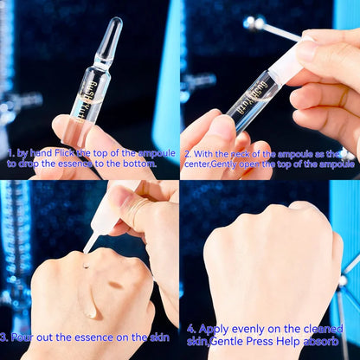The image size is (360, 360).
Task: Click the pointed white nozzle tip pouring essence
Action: pyautogui.click(x=88, y=246)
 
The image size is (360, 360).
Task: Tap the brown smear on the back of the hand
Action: pyautogui.click(x=115, y=284)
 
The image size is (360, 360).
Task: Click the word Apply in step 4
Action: pyautogui.click(x=215, y=330)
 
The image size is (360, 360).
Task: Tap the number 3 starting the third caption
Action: pyautogui.click(x=5, y=337)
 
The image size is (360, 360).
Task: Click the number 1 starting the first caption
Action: pyautogui.click(x=9, y=151)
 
